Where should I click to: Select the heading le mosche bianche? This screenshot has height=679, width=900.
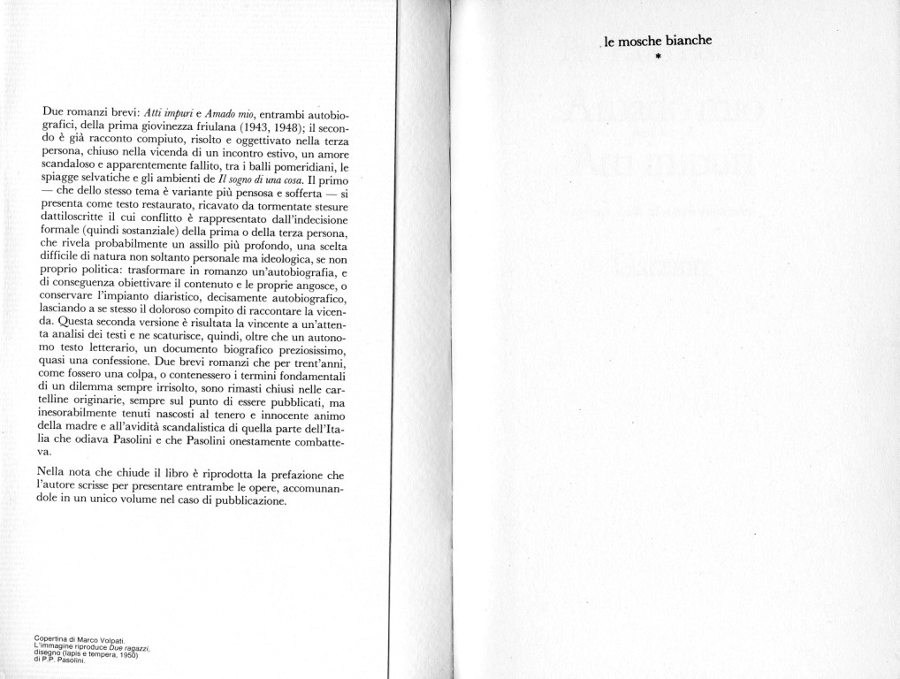[659, 41]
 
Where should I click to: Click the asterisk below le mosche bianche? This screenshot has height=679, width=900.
[659, 58]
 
